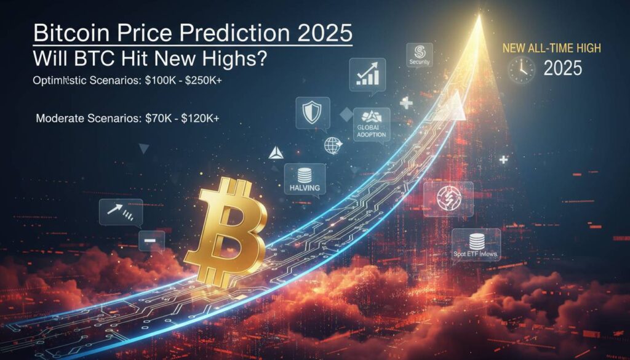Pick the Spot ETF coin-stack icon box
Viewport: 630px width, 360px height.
coord(476,245)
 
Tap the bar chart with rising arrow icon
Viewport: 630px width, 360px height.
coord(367,74)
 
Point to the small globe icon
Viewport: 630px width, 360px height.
coord(332,146)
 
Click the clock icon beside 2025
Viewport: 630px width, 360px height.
coord(521,70)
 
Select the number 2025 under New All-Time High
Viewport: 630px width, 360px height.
coord(563,69)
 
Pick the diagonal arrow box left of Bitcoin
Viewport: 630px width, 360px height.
coord(121,210)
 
